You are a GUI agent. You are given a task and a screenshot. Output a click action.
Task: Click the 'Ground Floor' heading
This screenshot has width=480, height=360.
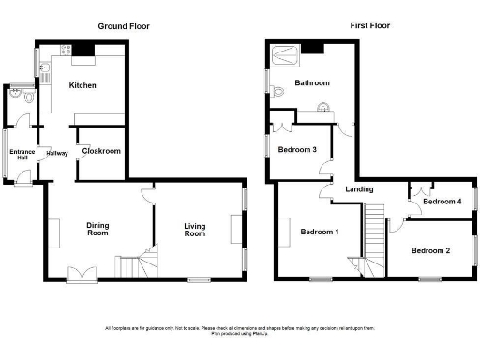point(123,26)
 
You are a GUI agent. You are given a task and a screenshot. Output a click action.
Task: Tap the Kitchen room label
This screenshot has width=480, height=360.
point(82,85)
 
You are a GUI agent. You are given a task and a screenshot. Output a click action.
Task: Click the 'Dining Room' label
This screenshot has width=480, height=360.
point(98,230)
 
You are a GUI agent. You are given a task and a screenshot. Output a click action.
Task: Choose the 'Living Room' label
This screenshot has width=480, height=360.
point(194,230)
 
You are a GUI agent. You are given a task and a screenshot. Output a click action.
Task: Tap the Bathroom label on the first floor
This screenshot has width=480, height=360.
point(311,82)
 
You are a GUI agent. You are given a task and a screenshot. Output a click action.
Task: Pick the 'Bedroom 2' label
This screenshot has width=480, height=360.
point(430,250)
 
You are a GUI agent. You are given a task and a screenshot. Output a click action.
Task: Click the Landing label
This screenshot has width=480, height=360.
point(360,189)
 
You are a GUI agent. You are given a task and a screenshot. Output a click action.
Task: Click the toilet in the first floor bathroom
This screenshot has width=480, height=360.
point(279,90)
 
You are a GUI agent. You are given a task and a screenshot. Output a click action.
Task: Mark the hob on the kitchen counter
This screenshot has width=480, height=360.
point(66,49)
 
